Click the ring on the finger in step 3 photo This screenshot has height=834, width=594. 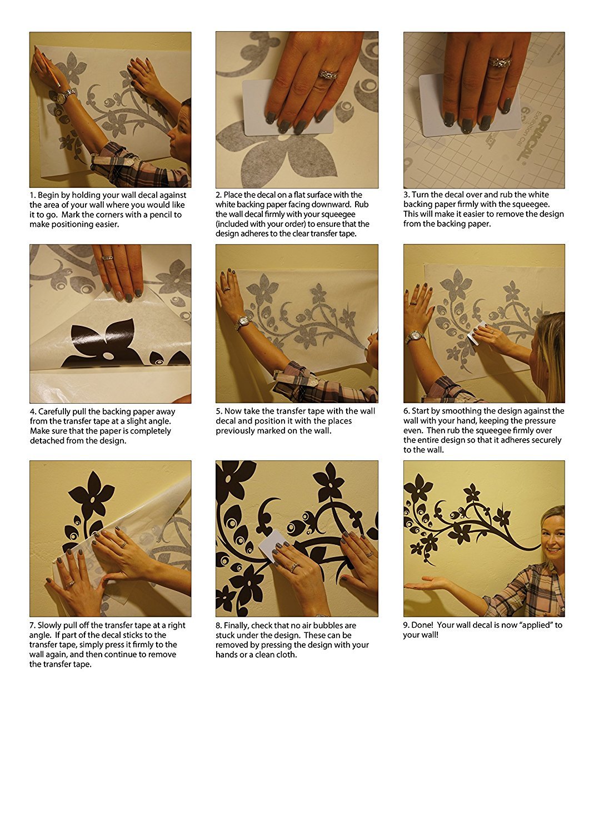[500, 61]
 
